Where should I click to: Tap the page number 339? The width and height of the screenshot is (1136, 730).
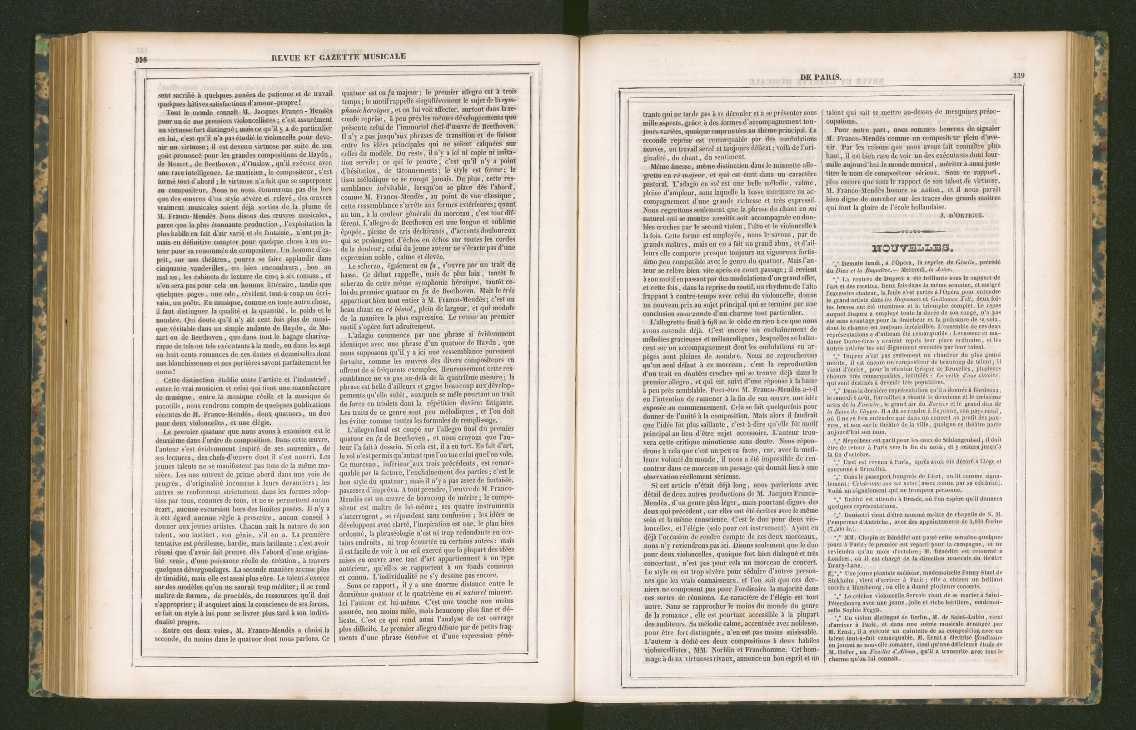tap(1018, 75)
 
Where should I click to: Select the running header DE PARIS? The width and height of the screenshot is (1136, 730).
tap(820, 77)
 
